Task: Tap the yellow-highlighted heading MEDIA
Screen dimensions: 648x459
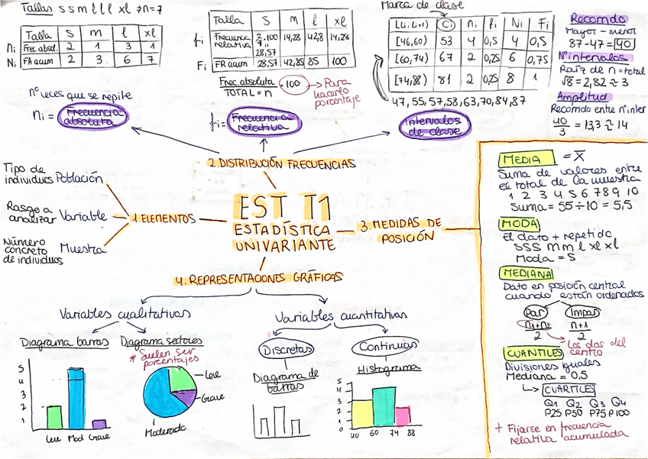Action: pos(520,160)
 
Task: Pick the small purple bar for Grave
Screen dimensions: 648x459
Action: pos(98,424)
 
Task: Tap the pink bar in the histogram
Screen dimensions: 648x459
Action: pos(402,416)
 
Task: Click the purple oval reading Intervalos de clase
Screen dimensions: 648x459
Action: pos(433,126)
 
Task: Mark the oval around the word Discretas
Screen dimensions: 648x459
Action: pos(287,350)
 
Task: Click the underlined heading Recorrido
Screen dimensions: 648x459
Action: pos(599,19)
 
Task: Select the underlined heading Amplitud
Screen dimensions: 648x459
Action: pos(582,97)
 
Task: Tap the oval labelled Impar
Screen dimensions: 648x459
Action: pos(582,312)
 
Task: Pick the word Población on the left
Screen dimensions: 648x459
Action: pos(79,178)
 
